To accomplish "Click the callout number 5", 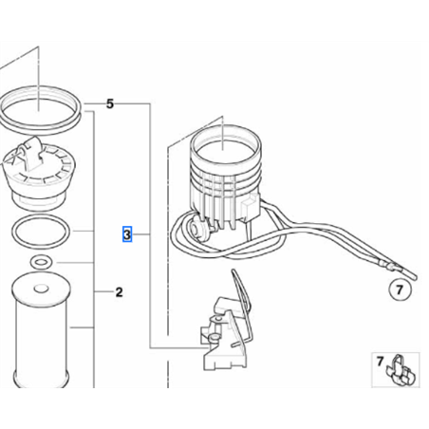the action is pyautogui.click(x=109, y=103).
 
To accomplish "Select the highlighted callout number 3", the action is pyautogui.click(x=127, y=234).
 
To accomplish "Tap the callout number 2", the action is pyautogui.click(x=119, y=292).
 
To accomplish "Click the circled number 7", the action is pyautogui.click(x=400, y=289).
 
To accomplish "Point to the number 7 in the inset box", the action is pyautogui.click(x=380, y=361).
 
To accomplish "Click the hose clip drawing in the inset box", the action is pyautogui.click(x=401, y=371).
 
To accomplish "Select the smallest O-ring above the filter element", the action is pyautogui.click(x=41, y=262).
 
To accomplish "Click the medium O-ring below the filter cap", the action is pyautogui.click(x=40, y=232).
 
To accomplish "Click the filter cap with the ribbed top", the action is pyautogui.click(x=40, y=174).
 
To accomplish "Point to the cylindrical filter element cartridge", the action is pyautogui.click(x=41, y=329).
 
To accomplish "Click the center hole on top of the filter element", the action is pyautogui.click(x=41, y=289).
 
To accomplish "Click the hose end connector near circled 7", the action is pyautogui.click(x=391, y=267).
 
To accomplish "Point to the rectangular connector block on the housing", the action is pyautogui.click(x=251, y=206).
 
